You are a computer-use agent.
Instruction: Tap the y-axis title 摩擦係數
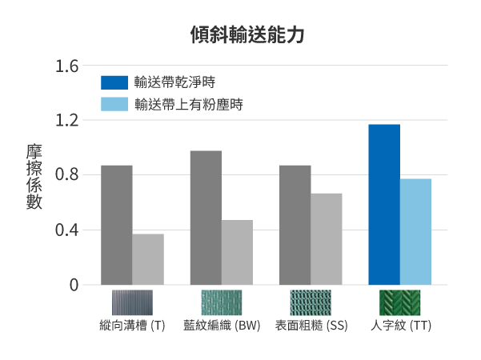pyautogui.click(x=34, y=177)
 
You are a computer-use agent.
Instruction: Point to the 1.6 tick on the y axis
pyautogui.click(x=67, y=66)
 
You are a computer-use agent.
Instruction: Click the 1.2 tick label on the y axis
pyautogui.click(x=67, y=121)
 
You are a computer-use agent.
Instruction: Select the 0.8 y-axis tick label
pyautogui.click(x=67, y=175)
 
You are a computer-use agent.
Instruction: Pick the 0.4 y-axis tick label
pyautogui.click(x=67, y=230)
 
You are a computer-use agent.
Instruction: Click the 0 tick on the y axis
pyautogui.click(x=74, y=285)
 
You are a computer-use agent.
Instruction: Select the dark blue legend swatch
pyautogui.click(x=114, y=82)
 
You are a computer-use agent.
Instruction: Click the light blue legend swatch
pyautogui.click(x=114, y=104)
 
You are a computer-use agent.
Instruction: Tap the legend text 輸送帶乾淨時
pyautogui.click(x=174, y=82)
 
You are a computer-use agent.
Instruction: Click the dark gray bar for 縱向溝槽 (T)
pyautogui.click(x=117, y=225)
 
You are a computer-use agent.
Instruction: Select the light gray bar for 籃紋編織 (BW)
pyautogui.click(x=237, y=252)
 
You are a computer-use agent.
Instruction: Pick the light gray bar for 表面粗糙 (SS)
pyautogui.click(x=327, y=238)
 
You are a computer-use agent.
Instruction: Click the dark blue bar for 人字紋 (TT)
pyautogui.click(x=384, y=204)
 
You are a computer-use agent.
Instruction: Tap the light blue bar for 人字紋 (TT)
pyautogui.click(x=416, y=231)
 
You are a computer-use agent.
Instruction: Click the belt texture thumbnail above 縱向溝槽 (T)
pyautogui.click(x=132, y=302)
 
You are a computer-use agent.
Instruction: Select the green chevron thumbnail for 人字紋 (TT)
pyautogui.click(x=399, y=302)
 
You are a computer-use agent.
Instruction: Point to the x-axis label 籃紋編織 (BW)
pyautogui.click(x=222, y=326)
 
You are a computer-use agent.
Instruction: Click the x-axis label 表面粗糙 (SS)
pyautogui.click(x=311, y=326)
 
